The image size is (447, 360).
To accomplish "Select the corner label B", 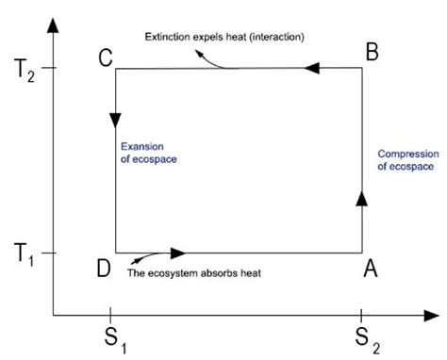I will coord(372,52).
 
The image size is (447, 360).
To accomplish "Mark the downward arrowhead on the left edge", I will coord(116,122).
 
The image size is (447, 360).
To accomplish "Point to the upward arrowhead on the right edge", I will coord(361,197).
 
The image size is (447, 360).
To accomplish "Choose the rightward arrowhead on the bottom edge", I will coord(178,252).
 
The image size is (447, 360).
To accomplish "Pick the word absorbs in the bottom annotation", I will coord(211,274).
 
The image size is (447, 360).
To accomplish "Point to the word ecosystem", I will coord(166,274).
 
